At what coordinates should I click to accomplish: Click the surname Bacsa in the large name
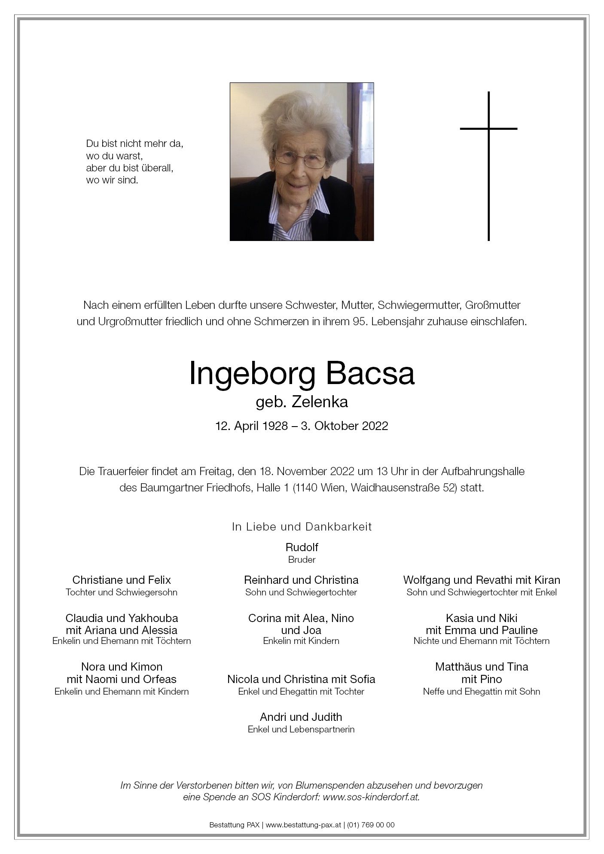[370, 374]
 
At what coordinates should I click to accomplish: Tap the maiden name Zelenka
[320, 402]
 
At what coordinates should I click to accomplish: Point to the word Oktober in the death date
[339, 426]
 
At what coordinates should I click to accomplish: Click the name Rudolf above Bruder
[302, 547]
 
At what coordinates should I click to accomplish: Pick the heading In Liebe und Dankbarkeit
[302, 527]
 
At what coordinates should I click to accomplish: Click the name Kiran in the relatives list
[546, 580]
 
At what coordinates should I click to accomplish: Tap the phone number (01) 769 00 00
[371, 825]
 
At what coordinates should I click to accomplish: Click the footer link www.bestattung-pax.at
[303, 825]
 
